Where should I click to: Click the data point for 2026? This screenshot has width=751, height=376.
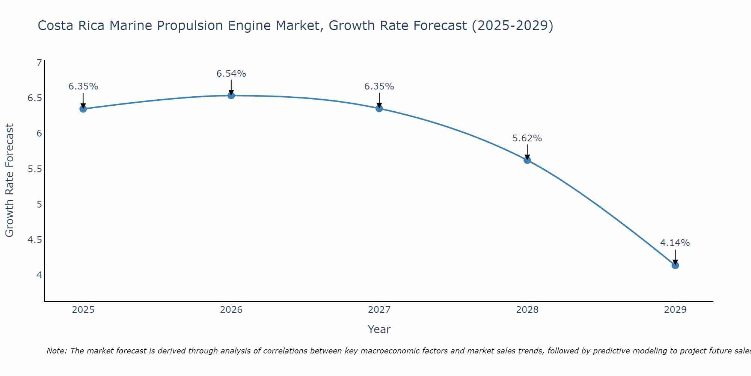click(x=231, y=96)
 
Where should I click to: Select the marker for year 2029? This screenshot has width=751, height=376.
click(x=675, y=265)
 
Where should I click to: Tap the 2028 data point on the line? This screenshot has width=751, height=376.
click(x=527, y=160)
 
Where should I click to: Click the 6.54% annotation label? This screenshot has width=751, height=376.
click(x=231, y=74)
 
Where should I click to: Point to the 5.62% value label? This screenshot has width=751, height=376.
click(x=527, y=138)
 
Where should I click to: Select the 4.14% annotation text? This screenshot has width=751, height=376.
click(x=675, y=243)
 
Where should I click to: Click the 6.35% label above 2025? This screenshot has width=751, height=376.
click(x=83, y=86)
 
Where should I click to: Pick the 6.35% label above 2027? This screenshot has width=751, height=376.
click(x=379, y=86)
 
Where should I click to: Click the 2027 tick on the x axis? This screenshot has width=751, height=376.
click(x=379, y=310)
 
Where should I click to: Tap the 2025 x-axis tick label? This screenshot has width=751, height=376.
click(x=83, y=310)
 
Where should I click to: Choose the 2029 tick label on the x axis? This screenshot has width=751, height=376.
click(x=675, y=310)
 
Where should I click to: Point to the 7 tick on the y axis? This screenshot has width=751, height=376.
click(x=39, y=63)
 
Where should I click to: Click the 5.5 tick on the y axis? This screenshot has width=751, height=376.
click(x=35, y=169)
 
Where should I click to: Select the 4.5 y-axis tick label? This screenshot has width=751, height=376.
click(x=35, y=240)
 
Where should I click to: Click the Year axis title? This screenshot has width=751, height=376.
click(x=379, y=329)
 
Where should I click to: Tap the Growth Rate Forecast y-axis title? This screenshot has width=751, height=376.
click(x=10, y=180)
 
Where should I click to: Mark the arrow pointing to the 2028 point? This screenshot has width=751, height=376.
click(x=527, y=152)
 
